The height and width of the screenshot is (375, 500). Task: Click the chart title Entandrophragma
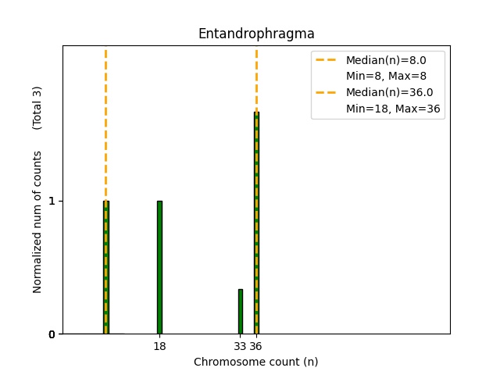point(256,34)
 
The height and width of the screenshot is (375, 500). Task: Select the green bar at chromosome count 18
point(159,267)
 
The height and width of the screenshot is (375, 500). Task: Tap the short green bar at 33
point(241,311)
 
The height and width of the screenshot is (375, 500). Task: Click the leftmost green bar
point(106,267)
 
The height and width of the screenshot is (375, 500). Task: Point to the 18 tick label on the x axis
point(159,346)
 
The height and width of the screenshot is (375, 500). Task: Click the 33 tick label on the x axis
point(240,346)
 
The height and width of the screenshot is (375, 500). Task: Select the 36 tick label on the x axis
point(256,346)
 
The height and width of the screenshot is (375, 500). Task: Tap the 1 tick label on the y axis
point(52,201)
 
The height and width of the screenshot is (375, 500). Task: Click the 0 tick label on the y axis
point(52,334)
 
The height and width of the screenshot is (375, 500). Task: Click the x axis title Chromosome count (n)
point(256,362)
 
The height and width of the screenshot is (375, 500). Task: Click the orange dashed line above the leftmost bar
point(106,117)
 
